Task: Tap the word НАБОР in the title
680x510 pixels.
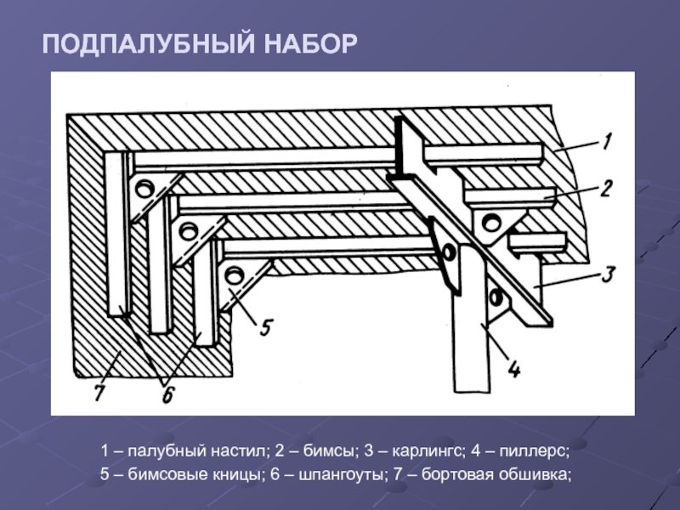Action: (310, 44)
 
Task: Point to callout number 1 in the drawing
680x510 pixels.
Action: (606, 141)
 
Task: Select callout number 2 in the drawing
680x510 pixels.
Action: (606, 188)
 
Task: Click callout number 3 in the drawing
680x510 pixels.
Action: (609, 274)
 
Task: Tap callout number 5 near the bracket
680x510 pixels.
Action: (266, 327)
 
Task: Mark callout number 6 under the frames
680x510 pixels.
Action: (168, 395)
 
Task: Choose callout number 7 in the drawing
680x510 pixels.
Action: (99, 393)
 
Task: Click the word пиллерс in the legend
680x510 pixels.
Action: (534, 451)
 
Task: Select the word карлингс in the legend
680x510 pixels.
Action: (428, 451)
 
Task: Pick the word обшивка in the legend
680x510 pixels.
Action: (535, 473)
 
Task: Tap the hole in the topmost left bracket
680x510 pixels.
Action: (144, 190)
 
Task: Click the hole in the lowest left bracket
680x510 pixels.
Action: (235, 275)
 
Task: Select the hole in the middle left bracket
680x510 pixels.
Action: (188, 231)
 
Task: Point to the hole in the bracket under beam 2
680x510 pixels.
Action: (491, 223)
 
